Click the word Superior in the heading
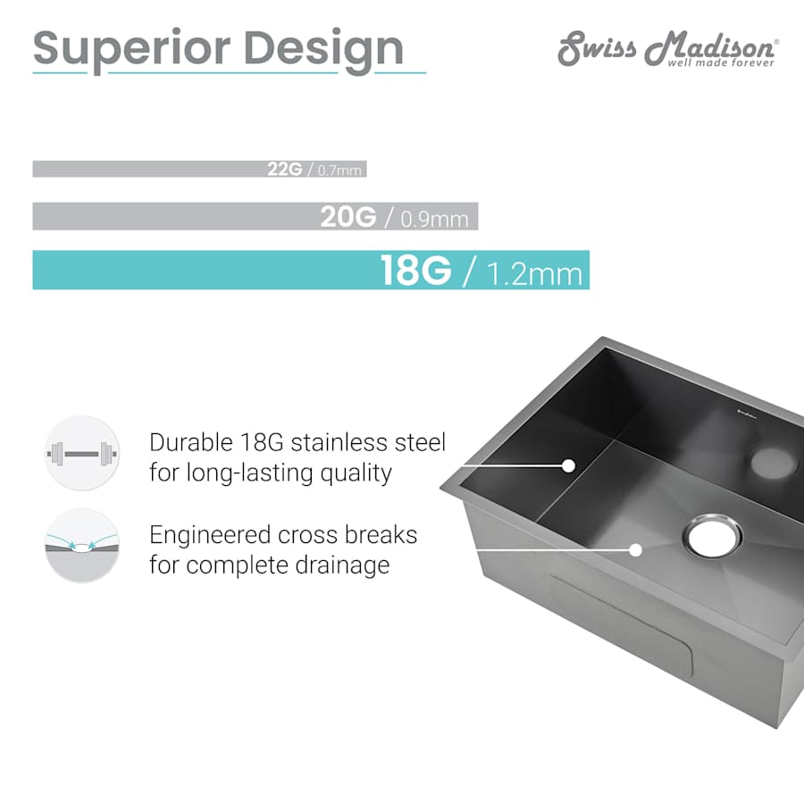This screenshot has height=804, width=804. (131, 50)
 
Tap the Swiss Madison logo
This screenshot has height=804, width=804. (668, 49)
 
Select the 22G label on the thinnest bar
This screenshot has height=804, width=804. (285, 169)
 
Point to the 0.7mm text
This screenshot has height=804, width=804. (339, 171)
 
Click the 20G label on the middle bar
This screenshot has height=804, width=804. (348, 216)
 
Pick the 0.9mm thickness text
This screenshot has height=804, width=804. (434, 219)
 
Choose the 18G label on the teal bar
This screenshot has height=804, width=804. (415, 270)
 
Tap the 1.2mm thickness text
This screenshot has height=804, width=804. (534, 274)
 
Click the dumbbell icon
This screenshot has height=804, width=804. (82, 453)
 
